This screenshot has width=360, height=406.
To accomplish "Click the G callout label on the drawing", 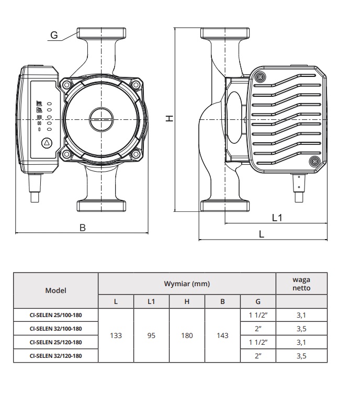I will (x=54, y=35).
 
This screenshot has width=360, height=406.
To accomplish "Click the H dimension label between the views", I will (x=169, y=119).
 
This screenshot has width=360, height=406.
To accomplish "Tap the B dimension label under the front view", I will (x=82, y=227).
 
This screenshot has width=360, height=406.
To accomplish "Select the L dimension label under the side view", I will (x=262, y=234).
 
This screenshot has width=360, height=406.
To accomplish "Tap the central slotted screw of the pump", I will (x=100, y=119).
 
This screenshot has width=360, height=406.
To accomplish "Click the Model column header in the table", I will (x=56, y=290).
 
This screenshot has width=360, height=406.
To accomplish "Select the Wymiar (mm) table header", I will (x=187, y=284).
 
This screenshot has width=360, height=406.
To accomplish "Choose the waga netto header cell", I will (x=301, y=284).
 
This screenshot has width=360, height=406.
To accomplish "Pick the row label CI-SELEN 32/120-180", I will (x=56, y=356).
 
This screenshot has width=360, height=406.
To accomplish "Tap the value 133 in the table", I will (x=116, y=335).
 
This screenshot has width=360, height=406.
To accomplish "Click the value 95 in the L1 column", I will (x=151, y=335).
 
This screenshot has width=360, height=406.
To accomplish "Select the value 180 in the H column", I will (x=187, y=335).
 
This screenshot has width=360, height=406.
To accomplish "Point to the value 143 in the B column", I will (x=222, y=335).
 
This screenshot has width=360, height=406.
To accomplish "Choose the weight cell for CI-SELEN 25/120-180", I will (x=301, y=342).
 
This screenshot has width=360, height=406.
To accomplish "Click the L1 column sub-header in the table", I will (x=151, y=301).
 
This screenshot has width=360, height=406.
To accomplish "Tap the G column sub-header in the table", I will (x=258, y=301).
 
